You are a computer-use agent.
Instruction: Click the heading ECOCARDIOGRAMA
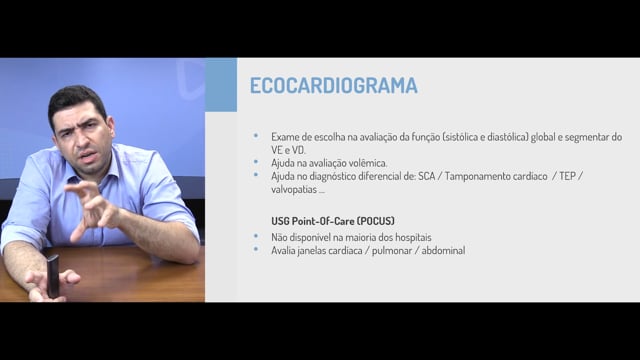(333, 85)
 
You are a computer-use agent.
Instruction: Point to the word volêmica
(369, 163)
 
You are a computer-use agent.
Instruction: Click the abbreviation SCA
(426, 176)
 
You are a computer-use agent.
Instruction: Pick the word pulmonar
(392, 250)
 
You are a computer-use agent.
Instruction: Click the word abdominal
(443, 250)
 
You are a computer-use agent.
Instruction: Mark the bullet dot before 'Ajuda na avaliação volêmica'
(256, 162)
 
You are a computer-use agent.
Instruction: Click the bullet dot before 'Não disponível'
(256, 236)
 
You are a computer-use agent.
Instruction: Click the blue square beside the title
(221, 85)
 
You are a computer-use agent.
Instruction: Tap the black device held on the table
(53, 276)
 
